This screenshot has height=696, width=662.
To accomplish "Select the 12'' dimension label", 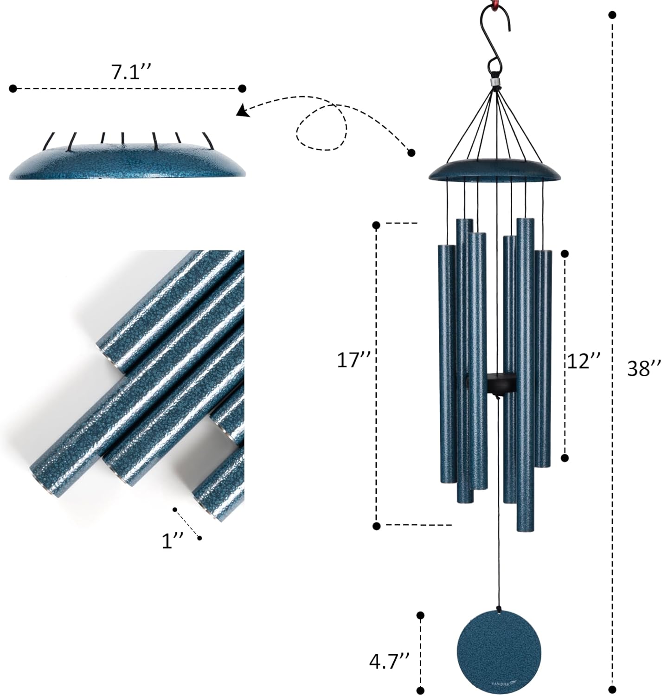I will click(583, 360).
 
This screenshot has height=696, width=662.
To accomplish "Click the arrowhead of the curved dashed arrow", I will click(241, 111).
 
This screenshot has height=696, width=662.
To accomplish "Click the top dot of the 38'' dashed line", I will click(613, 15).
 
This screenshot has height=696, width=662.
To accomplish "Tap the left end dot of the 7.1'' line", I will click(13, 88).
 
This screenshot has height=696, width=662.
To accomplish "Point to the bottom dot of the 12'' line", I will click(565, 458).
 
